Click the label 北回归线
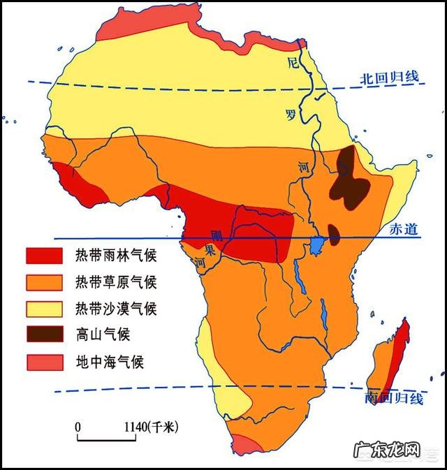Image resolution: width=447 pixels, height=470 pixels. [x=390, y=77]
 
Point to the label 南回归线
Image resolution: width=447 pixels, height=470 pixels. [x=394, y=399]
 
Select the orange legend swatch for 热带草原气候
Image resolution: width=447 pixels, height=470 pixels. [x=45, y=282]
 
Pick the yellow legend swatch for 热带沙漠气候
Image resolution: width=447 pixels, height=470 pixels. [x=45, y=308]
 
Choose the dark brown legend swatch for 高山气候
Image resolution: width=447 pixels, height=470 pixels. [x=45, y=335]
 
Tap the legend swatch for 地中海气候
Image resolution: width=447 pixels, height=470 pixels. [x=45, y=362]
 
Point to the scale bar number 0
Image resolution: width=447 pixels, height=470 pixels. [x=78, y=427]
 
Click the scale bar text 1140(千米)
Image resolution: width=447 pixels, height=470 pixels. [x=149, y=427]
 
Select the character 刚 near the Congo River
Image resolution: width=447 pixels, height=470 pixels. [x=217, y=235]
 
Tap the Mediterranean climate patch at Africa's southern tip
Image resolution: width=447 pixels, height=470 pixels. [x=247, y=445]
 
